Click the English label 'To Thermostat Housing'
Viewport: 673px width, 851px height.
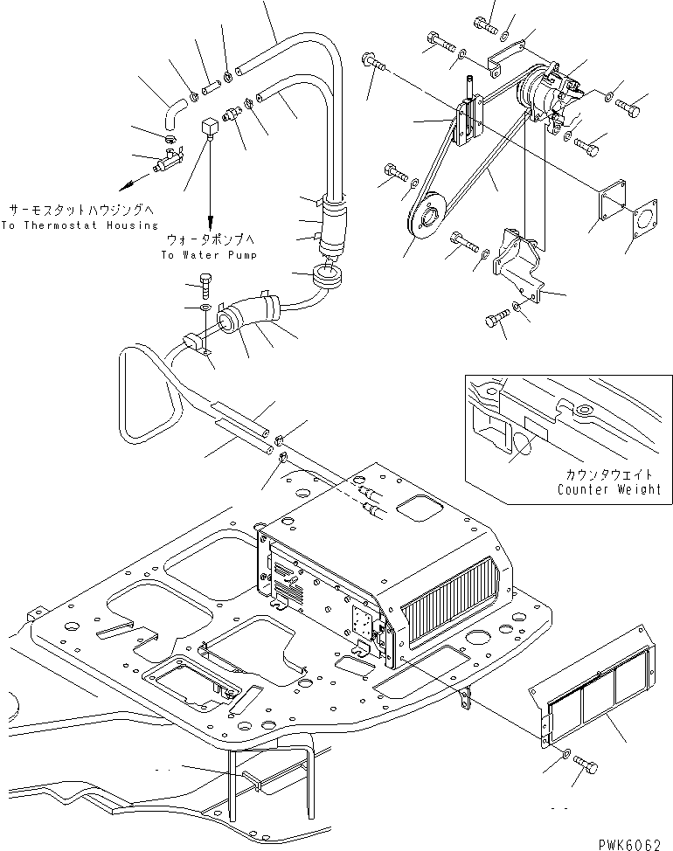click(80, 225)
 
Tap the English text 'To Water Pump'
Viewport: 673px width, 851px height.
click(209, 254)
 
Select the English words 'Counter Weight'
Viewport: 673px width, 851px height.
click(609, 489)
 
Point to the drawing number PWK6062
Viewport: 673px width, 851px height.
click(629, 845)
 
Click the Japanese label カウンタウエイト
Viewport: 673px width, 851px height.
click(609, 474)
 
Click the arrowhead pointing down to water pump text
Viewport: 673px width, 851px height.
click(210, 223)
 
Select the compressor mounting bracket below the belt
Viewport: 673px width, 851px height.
click(519, 266)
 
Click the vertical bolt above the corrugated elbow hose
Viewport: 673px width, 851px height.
click(205, 286)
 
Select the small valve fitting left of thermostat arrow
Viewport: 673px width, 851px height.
click(168, 161)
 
